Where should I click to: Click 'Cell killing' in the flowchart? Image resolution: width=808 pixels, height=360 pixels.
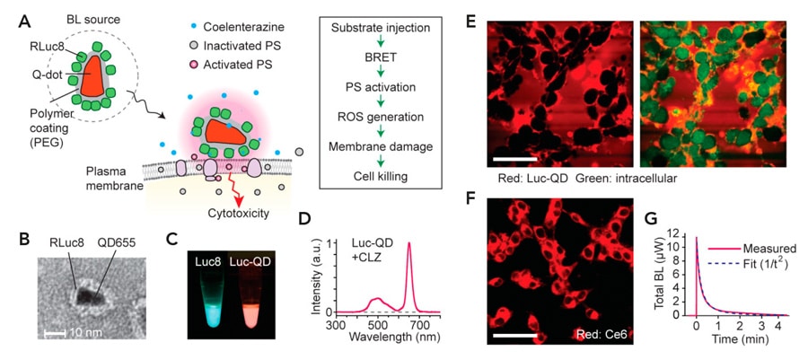point(381,176)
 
